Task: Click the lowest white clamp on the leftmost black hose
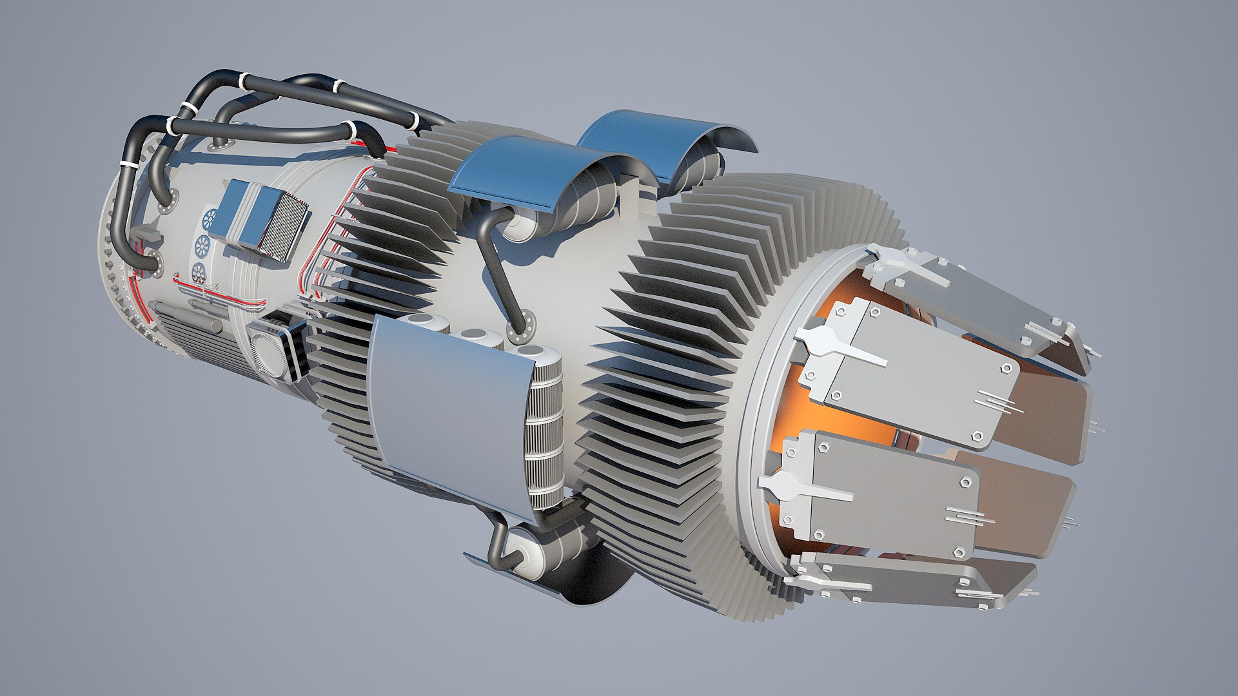tap(129, 166)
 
